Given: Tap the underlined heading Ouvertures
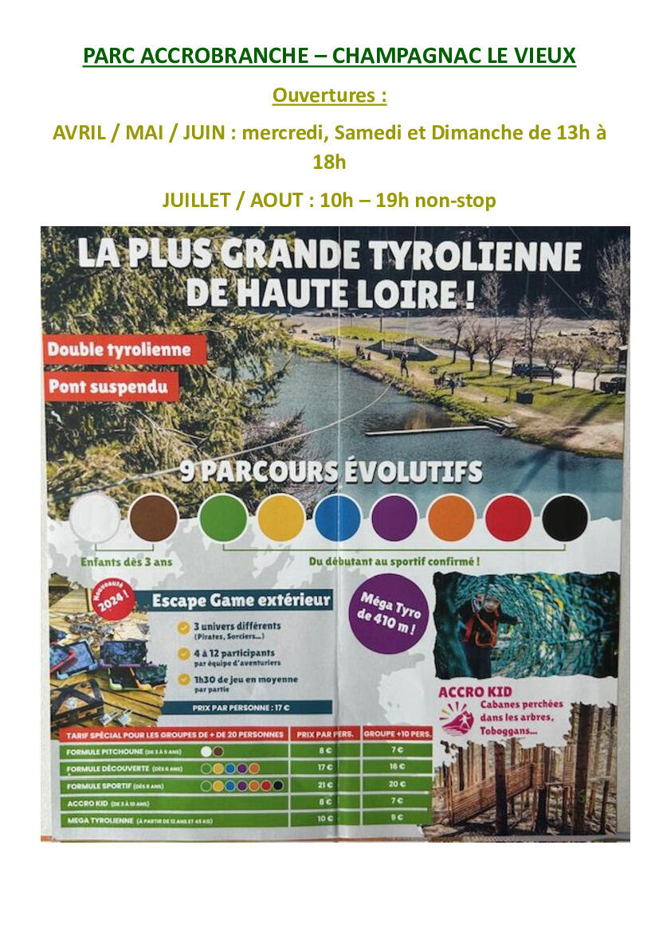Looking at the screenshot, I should [x=329, y=96].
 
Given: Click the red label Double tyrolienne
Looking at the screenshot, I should [x=119, y=350].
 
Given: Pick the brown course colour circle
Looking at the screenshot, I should [x=154, y=518].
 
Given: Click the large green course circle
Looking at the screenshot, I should [x=223, y=518].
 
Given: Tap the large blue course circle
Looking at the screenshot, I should [x=338, y=518].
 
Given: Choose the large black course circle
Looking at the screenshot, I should [x=565, y=518].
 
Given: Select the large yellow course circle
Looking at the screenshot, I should [x=281, y=518].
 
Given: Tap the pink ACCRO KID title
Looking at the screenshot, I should [x=475, y=691].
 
